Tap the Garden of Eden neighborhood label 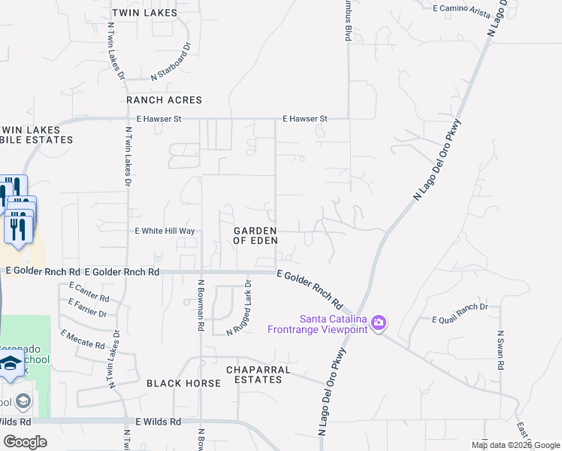(255, 235)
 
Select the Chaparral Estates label (254, 374)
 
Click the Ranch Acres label (164, 100)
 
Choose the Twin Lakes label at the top (144, 13)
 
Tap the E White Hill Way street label (165, 232)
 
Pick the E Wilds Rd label (159, 422)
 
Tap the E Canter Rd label (89, 292)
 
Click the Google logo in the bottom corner (25, 440)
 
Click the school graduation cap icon (11, 365)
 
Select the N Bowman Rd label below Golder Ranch (201, 306)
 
